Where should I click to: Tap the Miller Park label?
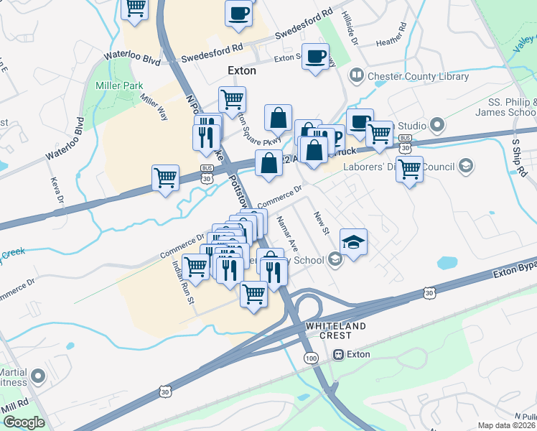[115, 86]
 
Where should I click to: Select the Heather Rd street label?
[391, 37]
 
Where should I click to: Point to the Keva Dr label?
[57, 190]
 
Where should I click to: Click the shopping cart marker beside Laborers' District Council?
[409, 170]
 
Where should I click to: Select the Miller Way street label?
[154, 108]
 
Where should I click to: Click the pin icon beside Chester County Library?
[355, 75]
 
